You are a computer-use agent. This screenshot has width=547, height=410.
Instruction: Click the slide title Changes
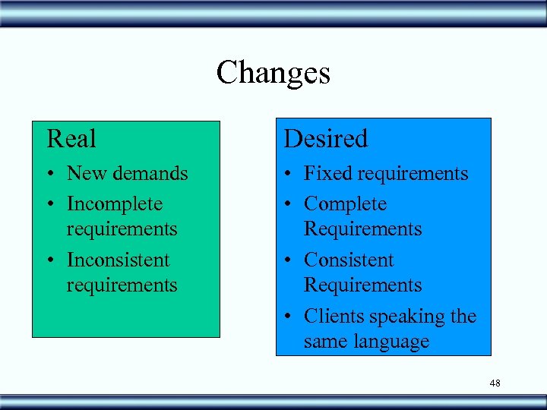pyautogui.click(x=273, y=74)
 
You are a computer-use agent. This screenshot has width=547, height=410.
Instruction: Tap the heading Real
pyautogui.click(x=71, y=139)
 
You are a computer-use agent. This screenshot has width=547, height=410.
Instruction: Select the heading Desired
pyautogui.click(x=325, y=139)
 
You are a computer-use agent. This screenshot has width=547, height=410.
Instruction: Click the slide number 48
pyautogui.click(x=495, y=383)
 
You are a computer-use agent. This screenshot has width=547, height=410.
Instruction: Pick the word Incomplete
pyautogui.click(x=115, y=204)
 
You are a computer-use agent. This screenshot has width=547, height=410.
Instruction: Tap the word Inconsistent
pyautogui.click(x=118, y=260)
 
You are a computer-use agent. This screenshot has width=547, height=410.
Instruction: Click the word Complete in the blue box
pyautogui.click(x=345, y=204)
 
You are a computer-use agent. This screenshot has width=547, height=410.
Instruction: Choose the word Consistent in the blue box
pyautogui.click(x=349, y=260)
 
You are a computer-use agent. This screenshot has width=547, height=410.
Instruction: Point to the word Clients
pyautogui.click(x=332, y=316)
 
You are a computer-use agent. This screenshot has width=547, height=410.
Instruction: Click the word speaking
pyautogui.click(x=404, y=317)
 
